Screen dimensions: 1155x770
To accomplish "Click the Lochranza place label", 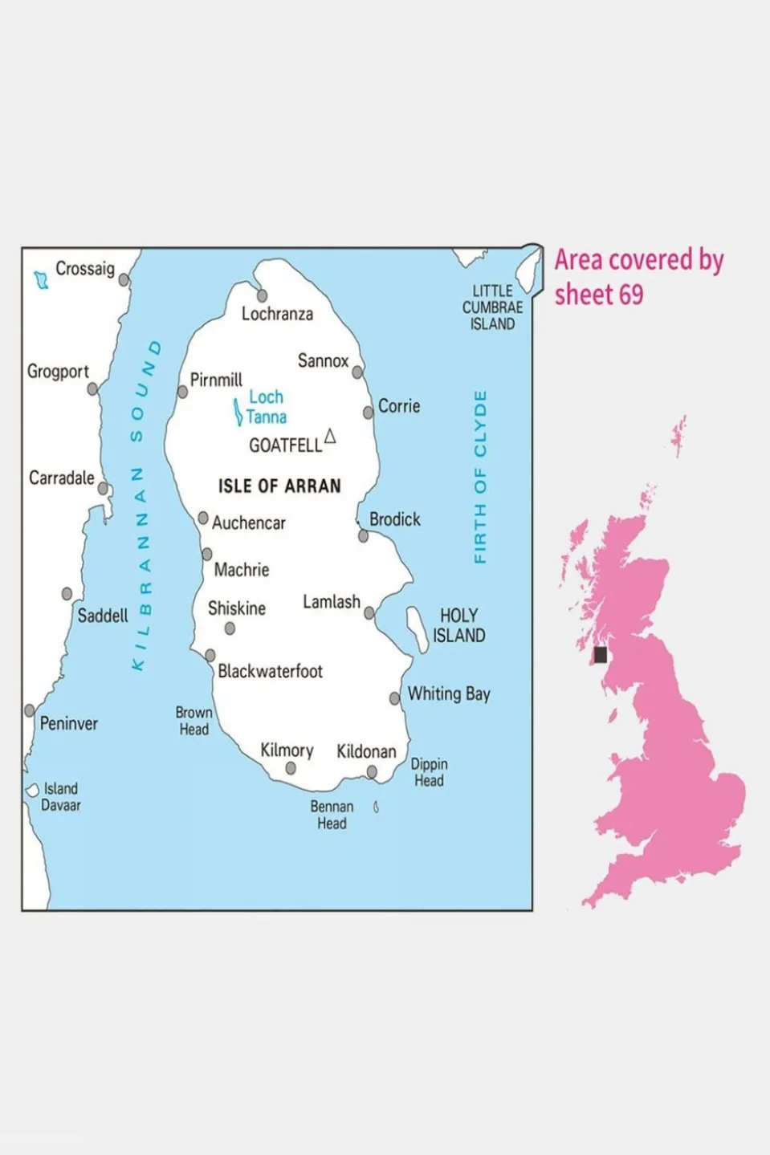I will coord(277,314).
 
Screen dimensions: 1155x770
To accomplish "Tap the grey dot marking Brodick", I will coord(363,535).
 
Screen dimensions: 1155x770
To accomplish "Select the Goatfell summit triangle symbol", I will coord(329,437).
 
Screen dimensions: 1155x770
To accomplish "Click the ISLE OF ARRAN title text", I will coord(279,486).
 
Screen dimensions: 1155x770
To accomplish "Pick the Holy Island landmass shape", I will coord(418,628).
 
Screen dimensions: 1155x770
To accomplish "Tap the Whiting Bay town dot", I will coord(394,698).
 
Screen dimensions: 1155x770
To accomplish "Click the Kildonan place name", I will coord(366,751).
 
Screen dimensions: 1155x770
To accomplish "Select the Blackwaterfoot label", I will coord(271,671).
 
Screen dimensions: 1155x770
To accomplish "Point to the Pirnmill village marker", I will coord(182,392).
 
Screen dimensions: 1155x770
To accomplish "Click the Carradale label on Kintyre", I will coord(62,478).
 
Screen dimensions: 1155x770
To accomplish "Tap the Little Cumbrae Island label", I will coord(492,307).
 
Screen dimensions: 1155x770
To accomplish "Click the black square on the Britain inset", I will coord(600,655).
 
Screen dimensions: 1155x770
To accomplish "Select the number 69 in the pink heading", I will coord(631,295).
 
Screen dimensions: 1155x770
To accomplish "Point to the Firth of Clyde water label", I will coord(480,478).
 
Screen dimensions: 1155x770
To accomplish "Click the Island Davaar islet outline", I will coord(32,790).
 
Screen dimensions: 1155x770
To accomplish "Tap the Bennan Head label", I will coord(332,815).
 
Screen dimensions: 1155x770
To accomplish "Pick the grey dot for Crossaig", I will coord(124,280).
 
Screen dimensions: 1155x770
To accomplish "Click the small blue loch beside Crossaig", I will coord(41,280).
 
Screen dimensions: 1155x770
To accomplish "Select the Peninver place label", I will coord(69,723).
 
